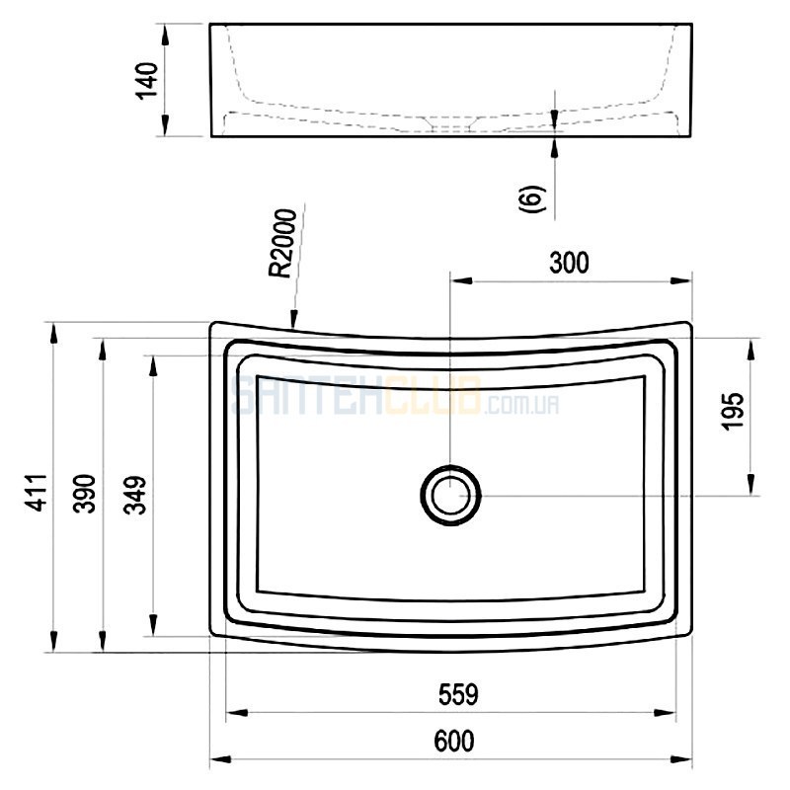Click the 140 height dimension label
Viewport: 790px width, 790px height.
(x=147, y=81)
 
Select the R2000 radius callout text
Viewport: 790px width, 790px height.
(x=282, y=243)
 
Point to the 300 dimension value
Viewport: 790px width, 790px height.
(x=569, y=264)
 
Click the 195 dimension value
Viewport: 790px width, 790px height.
(x=733, y=411)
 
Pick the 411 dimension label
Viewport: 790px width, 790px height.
(x=37, y=493)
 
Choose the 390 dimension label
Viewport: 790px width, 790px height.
(x=85, y=494)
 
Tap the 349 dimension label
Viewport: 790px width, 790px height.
(x=135, y=495)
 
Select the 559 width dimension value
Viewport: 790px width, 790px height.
(x=458, y=695)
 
